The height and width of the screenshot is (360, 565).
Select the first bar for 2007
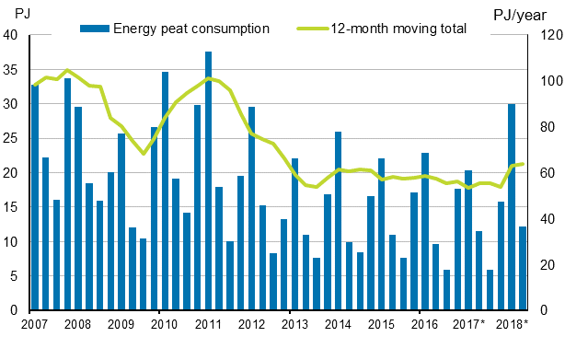pyautogui.click(x=35, y=198)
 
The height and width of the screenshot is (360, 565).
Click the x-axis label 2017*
pyautogui.click(x=469, y=324)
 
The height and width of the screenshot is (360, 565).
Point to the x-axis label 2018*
pyautogui.click(x=513, y=324)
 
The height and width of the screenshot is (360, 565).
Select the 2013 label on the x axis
pyautogui.click(x=294, y=324)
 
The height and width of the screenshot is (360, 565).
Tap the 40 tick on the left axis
pyautogui.click(x=11, y=35)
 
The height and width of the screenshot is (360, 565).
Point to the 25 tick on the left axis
pyautogui.click(x=11, y=138)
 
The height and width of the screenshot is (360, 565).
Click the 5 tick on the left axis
pyautogui.click(x=15, y=276)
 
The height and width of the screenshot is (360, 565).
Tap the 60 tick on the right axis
pyautogui.click(x=544, y=173)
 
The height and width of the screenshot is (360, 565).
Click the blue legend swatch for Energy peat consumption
pyautogui.click(x=93, y=29)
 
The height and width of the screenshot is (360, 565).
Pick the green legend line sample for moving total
pyautogui.click(x=313, y=29)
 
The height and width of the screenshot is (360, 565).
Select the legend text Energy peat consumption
pyautogui.click(x=190, y=29)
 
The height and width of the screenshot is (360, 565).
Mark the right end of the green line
pyautogui.click(x=523, y=164)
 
